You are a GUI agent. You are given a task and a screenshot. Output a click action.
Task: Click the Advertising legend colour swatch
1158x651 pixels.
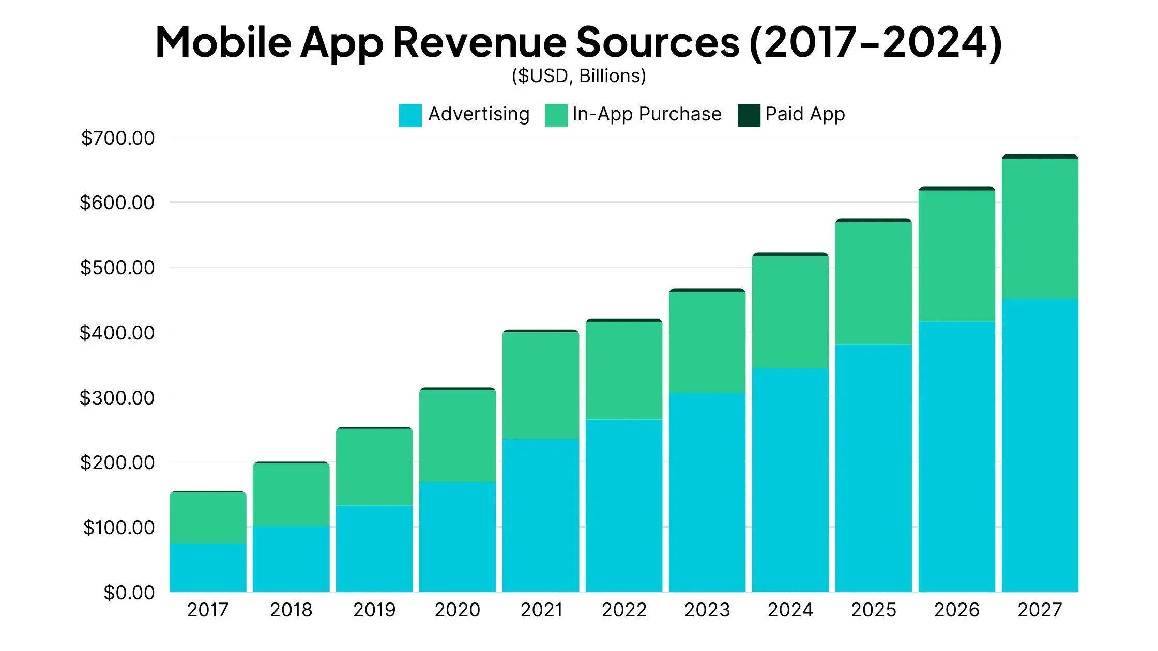tap(410, 115)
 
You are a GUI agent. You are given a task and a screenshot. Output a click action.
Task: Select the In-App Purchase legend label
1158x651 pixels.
tap(647, 114)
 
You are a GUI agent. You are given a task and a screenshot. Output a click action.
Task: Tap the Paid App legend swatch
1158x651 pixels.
tap(749, 115)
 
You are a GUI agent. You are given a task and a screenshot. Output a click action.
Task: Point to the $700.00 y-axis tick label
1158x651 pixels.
tap(118, 138)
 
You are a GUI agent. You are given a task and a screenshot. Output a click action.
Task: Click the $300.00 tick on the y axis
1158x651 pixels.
tap(117, 398)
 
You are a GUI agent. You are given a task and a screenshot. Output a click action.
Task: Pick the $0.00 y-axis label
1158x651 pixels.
tap(129, 593)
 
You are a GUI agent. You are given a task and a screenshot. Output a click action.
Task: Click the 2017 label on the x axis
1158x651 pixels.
tap(208, 610)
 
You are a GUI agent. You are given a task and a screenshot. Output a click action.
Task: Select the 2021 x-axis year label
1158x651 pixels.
tap(541, 610)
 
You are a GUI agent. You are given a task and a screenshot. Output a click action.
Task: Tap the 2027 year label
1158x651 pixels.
tap(1040, 610)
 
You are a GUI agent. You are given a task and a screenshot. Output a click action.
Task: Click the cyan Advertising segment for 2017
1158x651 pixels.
tap(208, 567)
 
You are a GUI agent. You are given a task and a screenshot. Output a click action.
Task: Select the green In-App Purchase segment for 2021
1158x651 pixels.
tap(541, 385)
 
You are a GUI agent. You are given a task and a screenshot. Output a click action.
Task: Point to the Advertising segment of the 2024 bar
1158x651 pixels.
tap(790, 480)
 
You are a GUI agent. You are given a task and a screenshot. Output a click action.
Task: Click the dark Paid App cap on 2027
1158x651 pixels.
tap(1040, 157)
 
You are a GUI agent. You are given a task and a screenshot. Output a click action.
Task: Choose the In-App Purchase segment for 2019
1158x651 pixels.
tap(374, 467)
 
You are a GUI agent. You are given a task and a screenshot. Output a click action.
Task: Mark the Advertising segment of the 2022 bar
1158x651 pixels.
tap(624, 505)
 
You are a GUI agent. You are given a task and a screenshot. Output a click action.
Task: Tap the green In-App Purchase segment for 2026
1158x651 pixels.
tap(957, 256)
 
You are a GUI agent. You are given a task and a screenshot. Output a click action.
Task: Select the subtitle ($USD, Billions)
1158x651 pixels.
tap(579, 76)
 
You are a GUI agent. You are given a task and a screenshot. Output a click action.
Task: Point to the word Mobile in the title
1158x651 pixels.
tap(223, 42)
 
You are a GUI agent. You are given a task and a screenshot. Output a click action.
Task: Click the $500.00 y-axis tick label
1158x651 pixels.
tap(117, 268)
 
